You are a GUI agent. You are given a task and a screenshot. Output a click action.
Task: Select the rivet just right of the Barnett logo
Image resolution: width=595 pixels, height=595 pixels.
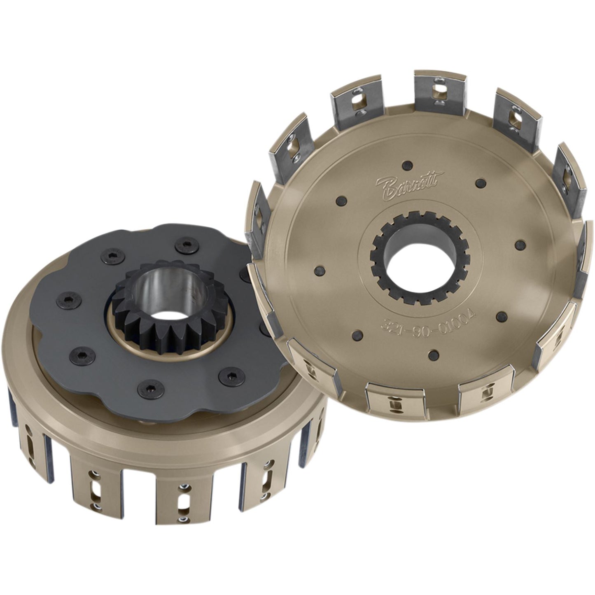coord(479,182)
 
